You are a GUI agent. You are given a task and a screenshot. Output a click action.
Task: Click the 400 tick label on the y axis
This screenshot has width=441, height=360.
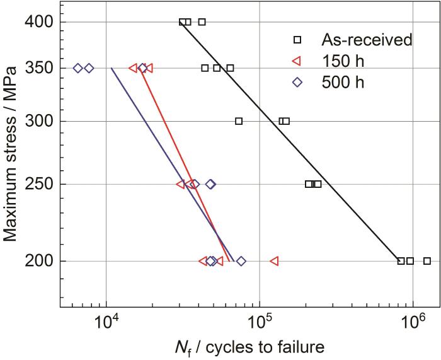pos(38,22)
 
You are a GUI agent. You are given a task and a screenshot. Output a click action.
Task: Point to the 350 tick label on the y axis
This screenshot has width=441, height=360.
pos(38,68)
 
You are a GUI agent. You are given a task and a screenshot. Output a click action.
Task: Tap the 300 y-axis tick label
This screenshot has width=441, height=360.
pos(38,121)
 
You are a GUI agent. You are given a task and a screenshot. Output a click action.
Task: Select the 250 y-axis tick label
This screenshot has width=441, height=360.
pos(38,184)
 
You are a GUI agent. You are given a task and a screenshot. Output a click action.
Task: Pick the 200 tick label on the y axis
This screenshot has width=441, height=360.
pos(38,261)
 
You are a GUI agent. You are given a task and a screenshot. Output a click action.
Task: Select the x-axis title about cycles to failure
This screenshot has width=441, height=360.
pos(251,347)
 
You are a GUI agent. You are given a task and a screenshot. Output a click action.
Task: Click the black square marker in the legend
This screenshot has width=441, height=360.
pos(298,40)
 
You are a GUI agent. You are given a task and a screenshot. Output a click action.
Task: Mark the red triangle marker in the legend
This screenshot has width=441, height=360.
pos(297,61)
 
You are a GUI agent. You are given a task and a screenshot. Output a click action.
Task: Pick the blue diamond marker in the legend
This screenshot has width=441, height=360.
pos(298,81)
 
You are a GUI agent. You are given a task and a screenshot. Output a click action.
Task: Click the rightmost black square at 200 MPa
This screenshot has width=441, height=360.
pos(427,261)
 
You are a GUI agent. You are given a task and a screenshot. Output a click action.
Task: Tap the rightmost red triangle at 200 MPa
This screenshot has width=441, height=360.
pos(274,261)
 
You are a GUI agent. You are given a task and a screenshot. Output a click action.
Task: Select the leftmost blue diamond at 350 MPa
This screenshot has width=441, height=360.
pos(77,68)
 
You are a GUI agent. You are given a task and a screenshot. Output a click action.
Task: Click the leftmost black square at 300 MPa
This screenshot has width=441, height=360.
pos(239,121)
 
